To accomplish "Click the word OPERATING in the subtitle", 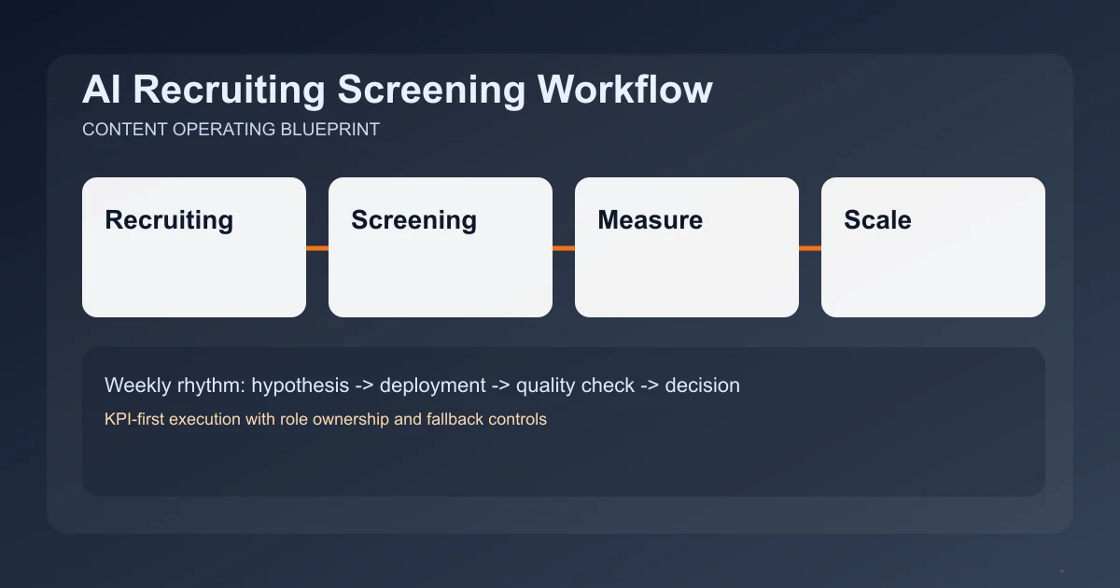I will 224,130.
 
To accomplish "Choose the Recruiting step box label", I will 169,220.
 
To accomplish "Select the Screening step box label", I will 413,220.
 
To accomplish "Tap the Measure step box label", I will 650,220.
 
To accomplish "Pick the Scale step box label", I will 877,220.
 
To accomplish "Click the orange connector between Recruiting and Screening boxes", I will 317,248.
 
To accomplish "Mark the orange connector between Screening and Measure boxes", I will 564,248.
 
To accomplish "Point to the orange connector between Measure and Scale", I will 810,248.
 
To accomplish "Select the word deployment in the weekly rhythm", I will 432,385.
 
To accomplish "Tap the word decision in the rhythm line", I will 702,385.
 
